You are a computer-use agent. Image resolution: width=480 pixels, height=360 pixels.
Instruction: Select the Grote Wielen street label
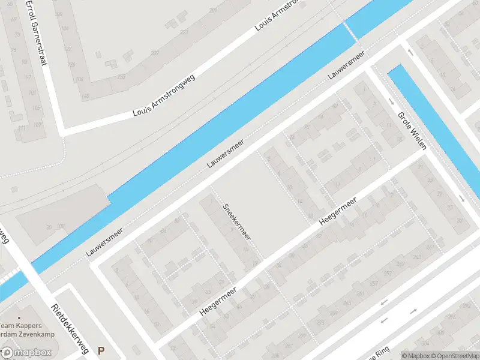tap(412, 130)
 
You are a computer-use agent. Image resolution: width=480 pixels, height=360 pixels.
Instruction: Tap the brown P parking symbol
tap(101, 350)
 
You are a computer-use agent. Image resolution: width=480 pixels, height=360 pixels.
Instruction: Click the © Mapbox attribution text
tap(415, 355)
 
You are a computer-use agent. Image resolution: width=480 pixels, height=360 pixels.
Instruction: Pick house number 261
tap(360, 293)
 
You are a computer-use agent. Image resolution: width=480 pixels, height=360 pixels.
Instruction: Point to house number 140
tap(85, 96)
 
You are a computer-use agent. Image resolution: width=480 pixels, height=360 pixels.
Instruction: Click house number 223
tap(184, 32)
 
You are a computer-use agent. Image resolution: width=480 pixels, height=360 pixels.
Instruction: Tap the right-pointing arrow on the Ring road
tap(414, 311)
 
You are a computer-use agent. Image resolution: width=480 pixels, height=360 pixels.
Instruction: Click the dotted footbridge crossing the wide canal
tap(351, 33)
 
